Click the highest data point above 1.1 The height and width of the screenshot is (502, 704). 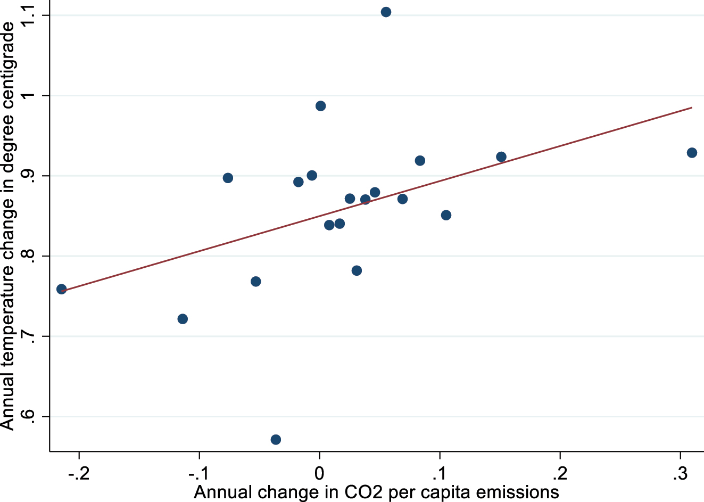click(x=386, y=12)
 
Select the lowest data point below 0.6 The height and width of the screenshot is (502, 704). click(x=276, y=440)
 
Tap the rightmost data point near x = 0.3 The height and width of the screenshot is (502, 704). click(x=692, y=153)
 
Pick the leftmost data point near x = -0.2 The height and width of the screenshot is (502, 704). click(x=62, y=289)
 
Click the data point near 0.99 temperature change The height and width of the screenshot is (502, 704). click(x=320, y=106)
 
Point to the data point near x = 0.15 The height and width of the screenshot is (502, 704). click(x=501, y=157)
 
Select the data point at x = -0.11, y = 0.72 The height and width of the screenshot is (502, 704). click(x=183, y=319)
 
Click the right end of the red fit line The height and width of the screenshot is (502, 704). click(x=691, y=108)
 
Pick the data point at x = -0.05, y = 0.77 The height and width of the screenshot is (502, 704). click(x=255, y=282)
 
